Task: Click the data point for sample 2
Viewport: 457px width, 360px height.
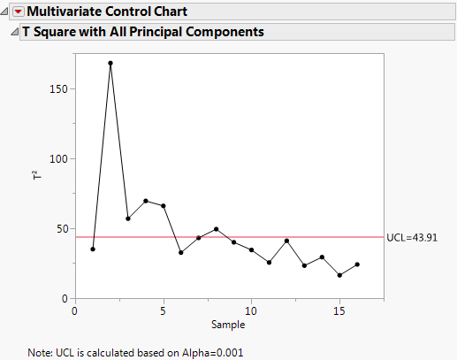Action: point(110,64)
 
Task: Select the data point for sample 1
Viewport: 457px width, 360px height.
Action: point(93,249)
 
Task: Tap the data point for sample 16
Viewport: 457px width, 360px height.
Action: point(357,264)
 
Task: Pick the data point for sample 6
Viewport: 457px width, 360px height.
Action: point(181,253)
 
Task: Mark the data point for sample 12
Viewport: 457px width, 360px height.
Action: point(286,241)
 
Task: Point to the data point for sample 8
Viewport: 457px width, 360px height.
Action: point(217,229)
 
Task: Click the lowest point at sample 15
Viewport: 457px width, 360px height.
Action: point(339,275)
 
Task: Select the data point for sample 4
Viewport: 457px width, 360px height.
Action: point(146,201)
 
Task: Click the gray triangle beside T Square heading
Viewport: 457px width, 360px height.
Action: point(13,32)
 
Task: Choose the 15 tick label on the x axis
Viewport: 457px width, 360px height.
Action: point(339,310)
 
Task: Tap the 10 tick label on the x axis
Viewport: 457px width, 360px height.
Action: point(251,310)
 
